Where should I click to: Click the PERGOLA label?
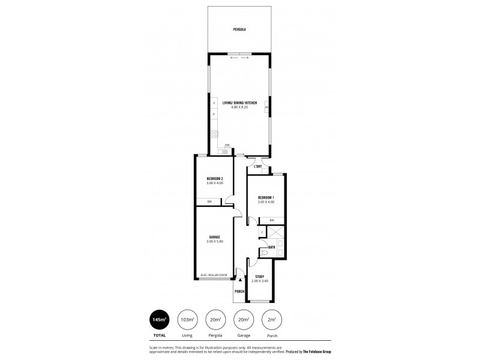click(240, 29)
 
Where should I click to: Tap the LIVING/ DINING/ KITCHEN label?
click(239, 103)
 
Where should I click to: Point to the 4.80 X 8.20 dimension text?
click(239, 108)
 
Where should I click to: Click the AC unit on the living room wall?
click(266, 107)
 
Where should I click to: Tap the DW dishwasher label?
click(227, 145)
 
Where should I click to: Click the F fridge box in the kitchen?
click(214, 104)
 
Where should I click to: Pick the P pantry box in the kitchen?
click(214, 114)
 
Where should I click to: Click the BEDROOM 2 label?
click(215, 179)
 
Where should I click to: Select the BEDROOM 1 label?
click(266, 198)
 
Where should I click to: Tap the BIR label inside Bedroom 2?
click(209, 202)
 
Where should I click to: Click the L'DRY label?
click(258, 166)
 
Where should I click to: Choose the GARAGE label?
click(215, 237)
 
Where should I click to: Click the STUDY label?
click(259, 277)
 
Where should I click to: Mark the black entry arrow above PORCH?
click(240, 278)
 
